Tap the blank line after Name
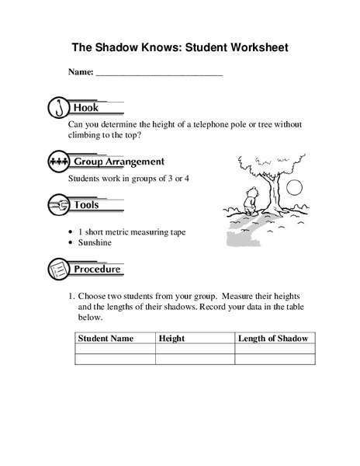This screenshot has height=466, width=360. [158, 73]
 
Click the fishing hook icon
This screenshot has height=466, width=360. [58, 107]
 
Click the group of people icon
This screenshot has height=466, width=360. [58, 162]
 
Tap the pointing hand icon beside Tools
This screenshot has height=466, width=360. [58, 205]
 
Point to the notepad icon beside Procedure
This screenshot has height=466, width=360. [58, 270]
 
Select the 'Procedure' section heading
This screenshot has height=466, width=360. [97, 270]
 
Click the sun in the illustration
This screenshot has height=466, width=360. [293, 186]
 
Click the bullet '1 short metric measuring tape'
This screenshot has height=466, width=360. [132, 231]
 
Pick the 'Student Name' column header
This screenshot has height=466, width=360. [106, 339]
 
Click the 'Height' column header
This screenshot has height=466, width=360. [171, 339]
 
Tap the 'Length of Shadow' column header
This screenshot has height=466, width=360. [274, 339]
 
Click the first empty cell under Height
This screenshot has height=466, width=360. [195, 349]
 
